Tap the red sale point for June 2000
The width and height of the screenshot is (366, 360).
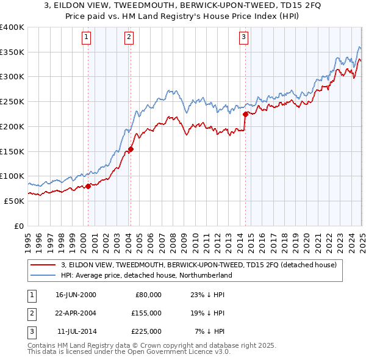[x=88, y=186]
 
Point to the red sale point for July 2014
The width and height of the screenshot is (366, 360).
[x=245, y=114]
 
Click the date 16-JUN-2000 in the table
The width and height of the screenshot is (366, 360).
[x=76, y=294]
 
